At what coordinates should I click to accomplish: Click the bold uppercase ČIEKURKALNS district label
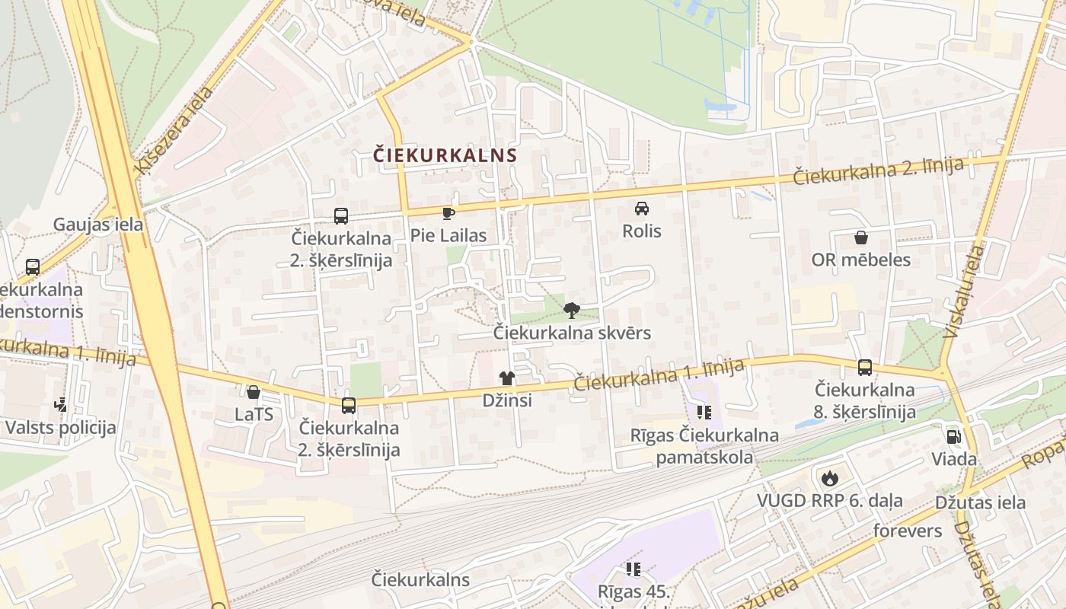tap(445, 155)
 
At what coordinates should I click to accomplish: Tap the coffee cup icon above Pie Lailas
tap(448, 213)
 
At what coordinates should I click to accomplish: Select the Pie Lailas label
tap(448, 236)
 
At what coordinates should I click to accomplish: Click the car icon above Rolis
tap(642, 208)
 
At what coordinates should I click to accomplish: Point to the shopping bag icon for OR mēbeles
tap(861, 238)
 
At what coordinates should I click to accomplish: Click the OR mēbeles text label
tap(861, 260)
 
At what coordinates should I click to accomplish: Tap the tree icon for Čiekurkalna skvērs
tap(572, 310)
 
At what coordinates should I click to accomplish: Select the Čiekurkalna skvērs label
tap(572, 333)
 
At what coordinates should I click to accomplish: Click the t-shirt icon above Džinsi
tap(507, 378)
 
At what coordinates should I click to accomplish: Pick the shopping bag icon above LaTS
tap(254, 392)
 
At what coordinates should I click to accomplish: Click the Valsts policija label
tap(61, 427)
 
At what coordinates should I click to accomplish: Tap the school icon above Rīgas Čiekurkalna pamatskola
tap(704, 413)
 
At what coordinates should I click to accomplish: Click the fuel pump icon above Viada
tap(953, 437)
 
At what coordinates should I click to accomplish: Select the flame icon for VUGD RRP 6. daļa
tap(829, 478)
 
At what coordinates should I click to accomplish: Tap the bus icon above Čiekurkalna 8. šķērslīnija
tap(865, 368)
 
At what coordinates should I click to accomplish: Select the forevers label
tap(908, 531)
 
